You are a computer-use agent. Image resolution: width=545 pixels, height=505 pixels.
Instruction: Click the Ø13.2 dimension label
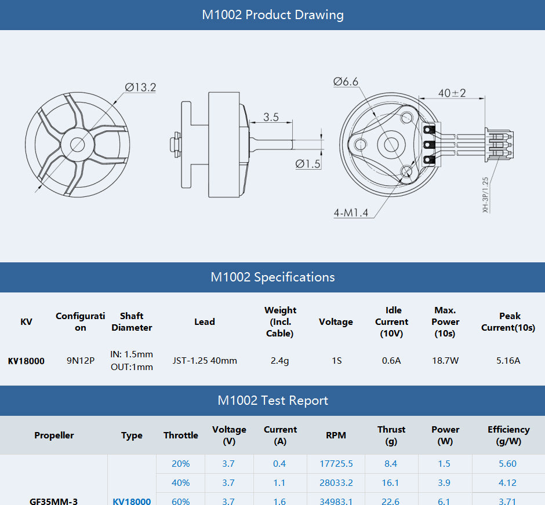pyautogui.click(x=140, y=87)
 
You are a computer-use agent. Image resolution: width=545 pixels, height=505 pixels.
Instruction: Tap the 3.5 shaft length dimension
pyautogui.click(x=271, y=117)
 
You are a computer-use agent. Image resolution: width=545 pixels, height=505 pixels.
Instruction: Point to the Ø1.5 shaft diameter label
pyautogui.click(x=307, y=164)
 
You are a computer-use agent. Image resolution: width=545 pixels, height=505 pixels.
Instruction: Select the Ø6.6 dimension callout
pyautogui.click(x=346, y=82)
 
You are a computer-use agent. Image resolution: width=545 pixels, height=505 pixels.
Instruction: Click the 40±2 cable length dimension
pyautogui.click(x=452, y=93)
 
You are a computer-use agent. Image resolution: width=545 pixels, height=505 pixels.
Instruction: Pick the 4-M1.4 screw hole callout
pyautogui.click(x=351, y=213)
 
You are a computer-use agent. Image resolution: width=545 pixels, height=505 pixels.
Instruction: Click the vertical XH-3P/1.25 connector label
pyautogui.click(x=485, y=195)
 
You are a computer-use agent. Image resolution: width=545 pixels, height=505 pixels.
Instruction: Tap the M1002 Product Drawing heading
pyautogui.click(x=272, y=15)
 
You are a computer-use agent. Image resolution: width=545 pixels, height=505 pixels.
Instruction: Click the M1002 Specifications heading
pyautogui.click(x=272, y=277)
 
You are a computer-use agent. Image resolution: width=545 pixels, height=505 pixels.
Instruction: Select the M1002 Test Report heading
pyautogui.click(x=272, y=400)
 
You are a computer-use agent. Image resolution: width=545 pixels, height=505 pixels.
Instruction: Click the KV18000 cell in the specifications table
pyautogui.click(x=26, y=361)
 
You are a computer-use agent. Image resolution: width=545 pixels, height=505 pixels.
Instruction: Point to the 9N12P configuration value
pyautogui.click(x=80, y=361)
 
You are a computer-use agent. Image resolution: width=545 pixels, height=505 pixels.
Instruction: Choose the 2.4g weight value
pyautogui.click(x=279, y=361)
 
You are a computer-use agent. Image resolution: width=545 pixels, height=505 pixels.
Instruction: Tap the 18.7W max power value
pyautogui.click(x=445, y=361)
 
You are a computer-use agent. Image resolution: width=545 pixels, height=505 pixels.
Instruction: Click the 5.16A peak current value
pyautogui.click(x=508, y=361)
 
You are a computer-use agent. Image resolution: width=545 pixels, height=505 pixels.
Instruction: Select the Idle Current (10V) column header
pyautogui.click(x=391, y=322)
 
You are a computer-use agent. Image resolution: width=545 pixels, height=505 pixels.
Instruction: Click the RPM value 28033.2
pyautogui.click(x=336, y=482)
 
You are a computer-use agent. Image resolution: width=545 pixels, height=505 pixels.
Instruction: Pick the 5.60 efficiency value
pyautogui.click(x=507, y=463)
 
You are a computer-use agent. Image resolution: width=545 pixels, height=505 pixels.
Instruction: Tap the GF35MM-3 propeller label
pyautogui.click(x=53, y=501)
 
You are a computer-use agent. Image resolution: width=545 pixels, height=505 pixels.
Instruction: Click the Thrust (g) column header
pyautogui.click(x=391, y=435)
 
